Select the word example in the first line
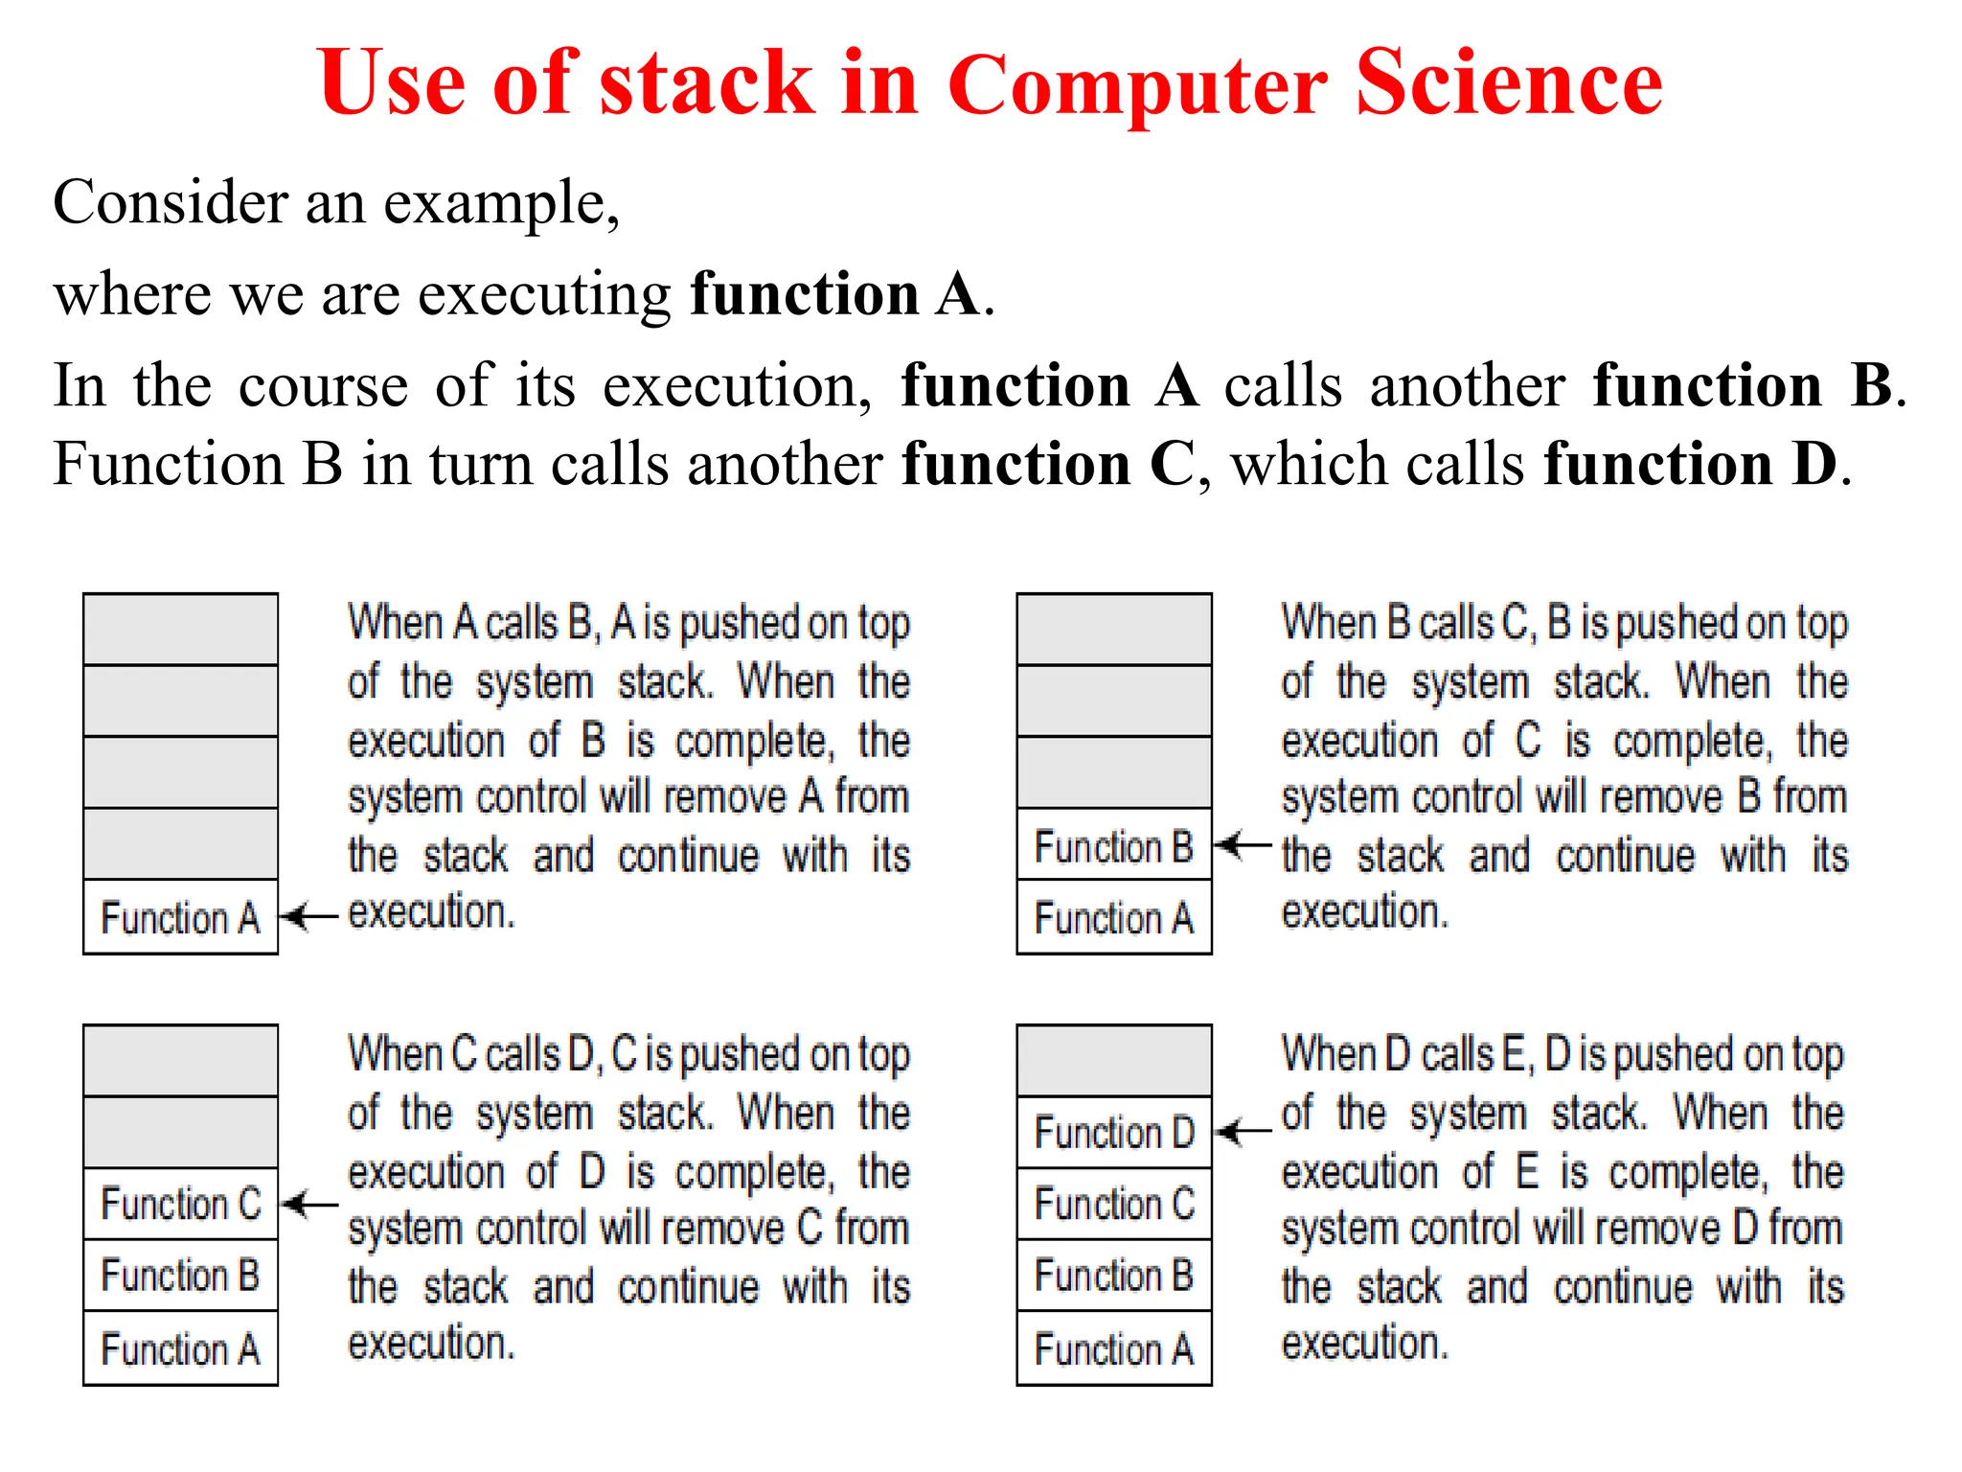coord(501,203)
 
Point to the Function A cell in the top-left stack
coord(180,917)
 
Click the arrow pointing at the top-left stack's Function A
coord(312,916)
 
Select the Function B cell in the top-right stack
coord(1114,845)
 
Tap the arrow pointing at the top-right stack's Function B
coord(1244,845)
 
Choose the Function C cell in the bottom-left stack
coord(180,1204)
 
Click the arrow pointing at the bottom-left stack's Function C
coord(312,1204)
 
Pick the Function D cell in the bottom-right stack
coord(1114,1132)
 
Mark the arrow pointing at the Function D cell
coord(1244,1131)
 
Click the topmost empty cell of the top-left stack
coord(180,629)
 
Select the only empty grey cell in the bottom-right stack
coord(1114,1060)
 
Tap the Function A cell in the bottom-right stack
coord(1114,1348)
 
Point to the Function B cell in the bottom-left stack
coord(180,1276)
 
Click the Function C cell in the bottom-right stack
coord(1114,1204)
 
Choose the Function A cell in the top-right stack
coord(1114,917)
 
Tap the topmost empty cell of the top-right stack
coord(1114,629)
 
